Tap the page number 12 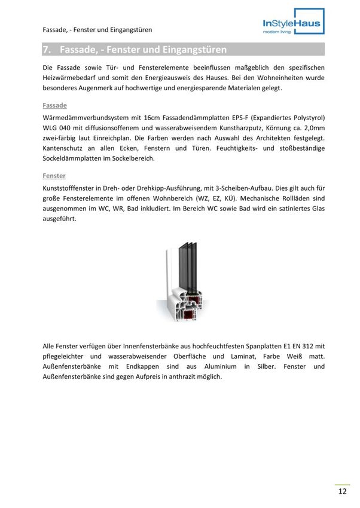point(342,492)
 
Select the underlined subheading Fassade point(55,105)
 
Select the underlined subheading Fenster point(54,176)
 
